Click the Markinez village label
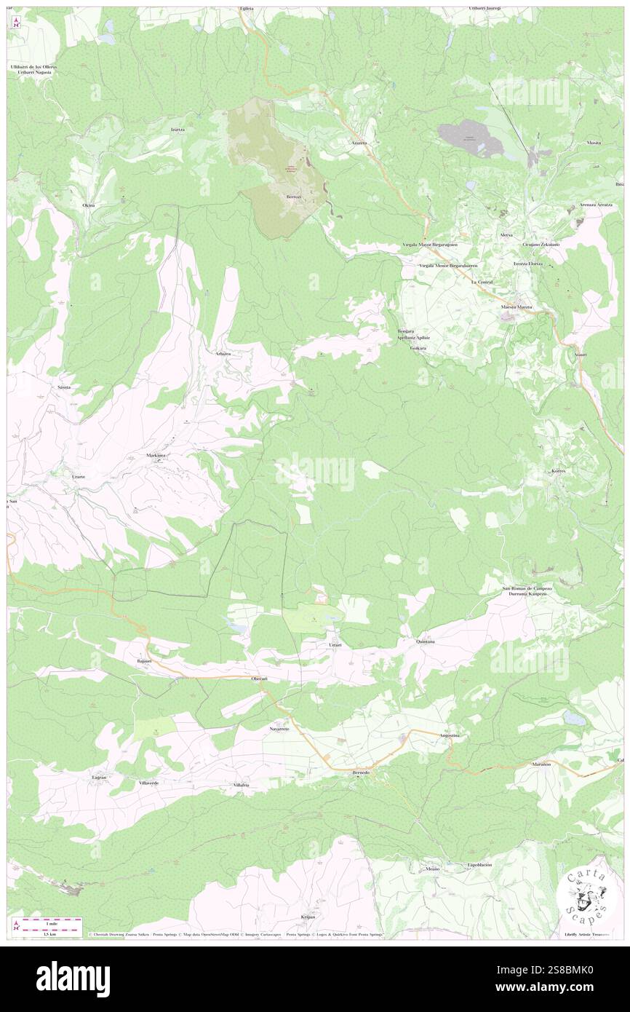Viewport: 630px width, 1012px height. pyautogui.click(x=156, y=455)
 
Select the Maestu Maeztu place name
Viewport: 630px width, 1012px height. pyautogui.click(x=517, y=307)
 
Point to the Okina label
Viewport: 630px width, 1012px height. pyautogui.click(x=89, y=206)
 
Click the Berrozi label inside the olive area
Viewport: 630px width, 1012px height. pyautogui.click(x=293, y=197)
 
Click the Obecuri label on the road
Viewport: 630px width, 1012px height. pyautogui.click(x=260, y=679)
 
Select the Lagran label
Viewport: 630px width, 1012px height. pyautogui.click(x=99, y=778)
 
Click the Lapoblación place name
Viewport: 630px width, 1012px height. pyautogui.click(x=479, y=865)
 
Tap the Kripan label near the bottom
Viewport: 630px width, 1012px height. pyautogui.click(x=308, y=917)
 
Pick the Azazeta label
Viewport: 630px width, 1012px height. pyautogui.click(x=359, y=143)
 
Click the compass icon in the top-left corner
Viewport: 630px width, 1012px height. pyautogui.click(x=17, y=22)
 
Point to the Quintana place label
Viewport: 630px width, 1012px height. pyautogui.click(x=426, y=641)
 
